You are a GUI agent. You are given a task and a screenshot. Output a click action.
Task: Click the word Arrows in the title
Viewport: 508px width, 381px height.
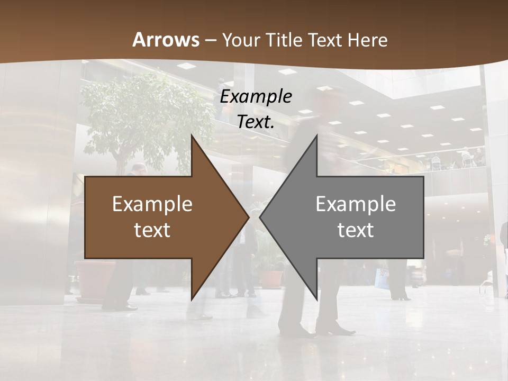coord(166,40)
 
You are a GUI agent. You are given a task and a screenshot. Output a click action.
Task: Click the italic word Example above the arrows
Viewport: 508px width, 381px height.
coord(256,97)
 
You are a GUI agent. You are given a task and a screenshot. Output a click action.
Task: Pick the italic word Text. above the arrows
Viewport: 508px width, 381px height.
coord(256,122)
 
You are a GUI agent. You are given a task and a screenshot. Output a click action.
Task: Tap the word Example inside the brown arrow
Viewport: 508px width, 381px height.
coord(152,204)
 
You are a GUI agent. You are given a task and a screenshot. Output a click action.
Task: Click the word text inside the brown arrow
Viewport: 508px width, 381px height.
coord(152,230)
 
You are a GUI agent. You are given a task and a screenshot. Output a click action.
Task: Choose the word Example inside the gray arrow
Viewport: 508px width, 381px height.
coord(356,204)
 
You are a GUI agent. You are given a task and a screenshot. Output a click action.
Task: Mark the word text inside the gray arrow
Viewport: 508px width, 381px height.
coord(356,230)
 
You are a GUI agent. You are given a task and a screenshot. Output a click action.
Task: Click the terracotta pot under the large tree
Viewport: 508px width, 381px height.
coord(95,278)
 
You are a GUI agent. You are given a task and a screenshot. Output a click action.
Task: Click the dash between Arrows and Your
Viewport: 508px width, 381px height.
coord(210,40)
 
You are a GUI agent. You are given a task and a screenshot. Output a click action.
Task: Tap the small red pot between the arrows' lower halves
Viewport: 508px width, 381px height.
coord(272,278)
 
